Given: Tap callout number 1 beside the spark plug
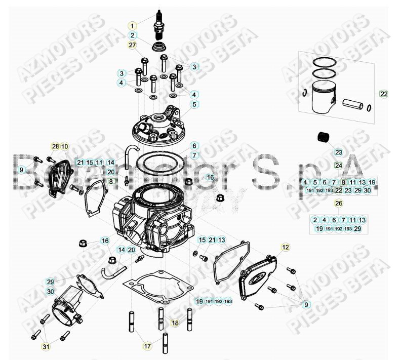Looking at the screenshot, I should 132,25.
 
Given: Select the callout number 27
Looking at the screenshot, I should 132,46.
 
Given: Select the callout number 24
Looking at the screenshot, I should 338,165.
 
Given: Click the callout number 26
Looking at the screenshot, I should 338,204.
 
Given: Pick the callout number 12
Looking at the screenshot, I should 286,247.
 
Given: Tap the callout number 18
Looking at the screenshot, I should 175,322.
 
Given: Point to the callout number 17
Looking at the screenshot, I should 147,346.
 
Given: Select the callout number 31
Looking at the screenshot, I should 46,346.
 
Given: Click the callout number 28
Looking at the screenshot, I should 55,147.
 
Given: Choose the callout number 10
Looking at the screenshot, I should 65,147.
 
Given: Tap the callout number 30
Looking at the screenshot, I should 50,292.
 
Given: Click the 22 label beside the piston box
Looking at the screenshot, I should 384,94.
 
